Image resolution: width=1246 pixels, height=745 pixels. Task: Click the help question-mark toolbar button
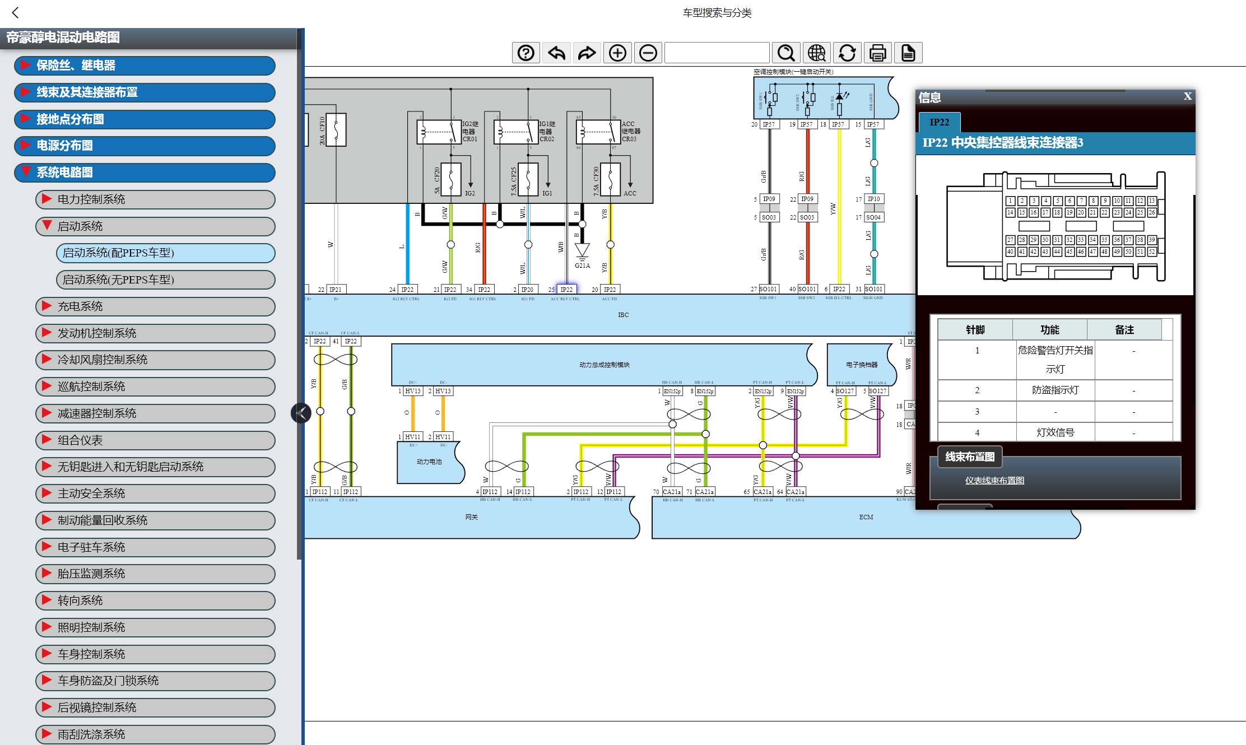tap(526, 53)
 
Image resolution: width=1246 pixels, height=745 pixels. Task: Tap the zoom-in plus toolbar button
tap(617, 53)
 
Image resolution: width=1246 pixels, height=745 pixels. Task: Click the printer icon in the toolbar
tap(877, 53)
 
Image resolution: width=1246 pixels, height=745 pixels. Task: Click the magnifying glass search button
tap(786, 53)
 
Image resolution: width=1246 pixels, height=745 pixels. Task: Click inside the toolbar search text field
tap(717, 53)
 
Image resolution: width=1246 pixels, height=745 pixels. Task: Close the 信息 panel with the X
tap(1187, 96)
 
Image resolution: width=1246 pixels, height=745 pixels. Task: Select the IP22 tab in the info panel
tap(940, 122)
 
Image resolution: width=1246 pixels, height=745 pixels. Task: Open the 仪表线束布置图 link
tap(994, 481)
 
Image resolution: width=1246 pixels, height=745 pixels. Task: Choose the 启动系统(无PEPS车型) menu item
tap(166, 280)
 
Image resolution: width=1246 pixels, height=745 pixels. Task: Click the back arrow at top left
tap(16, 12)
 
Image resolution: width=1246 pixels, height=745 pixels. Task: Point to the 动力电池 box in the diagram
tap(429, 462)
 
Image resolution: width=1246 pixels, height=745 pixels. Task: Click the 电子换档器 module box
tap(861, 365)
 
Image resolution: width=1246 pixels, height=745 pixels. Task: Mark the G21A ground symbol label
tap(582, 266)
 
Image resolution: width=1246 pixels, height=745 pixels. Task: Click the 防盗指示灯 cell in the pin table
tap(1055, 390)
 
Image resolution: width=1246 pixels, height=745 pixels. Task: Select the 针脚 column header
tap(975, 330)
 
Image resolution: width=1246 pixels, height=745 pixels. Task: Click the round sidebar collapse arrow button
tap(301, 413)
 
